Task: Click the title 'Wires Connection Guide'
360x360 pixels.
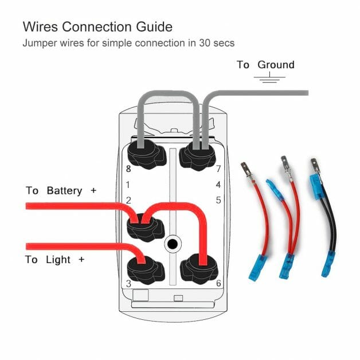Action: (97, 26)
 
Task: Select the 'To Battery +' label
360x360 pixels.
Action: (61, 190)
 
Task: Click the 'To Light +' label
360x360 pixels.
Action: (55, 260)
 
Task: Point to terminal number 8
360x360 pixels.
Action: (128, 169)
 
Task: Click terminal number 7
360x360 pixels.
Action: (218, 169)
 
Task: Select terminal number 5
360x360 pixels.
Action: (218, 200)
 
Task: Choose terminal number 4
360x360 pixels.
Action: (218, 185)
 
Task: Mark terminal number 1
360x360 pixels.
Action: (128, 185)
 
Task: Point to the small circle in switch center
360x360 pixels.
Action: (171, 244)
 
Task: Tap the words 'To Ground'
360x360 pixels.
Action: (265, 65)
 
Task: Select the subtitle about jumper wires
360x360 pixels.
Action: (128, 43)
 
